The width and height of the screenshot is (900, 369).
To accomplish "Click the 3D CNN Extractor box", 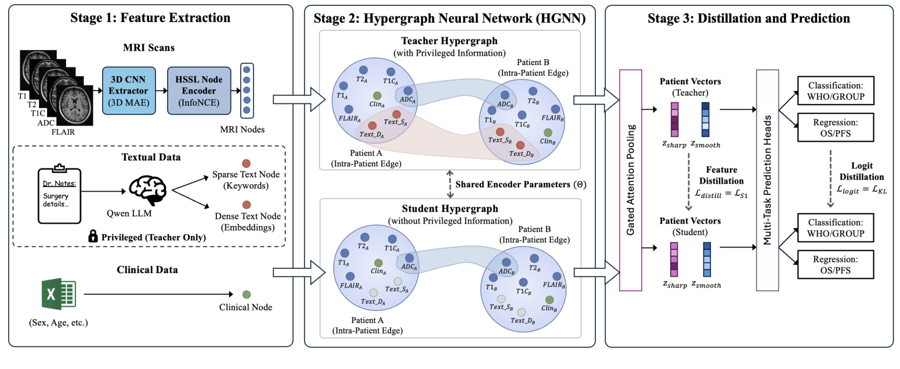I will [x=129, y=91].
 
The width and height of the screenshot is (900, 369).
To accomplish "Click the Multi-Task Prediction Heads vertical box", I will [x=768, y=179].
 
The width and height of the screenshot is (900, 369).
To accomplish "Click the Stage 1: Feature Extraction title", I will [x=150, y=18].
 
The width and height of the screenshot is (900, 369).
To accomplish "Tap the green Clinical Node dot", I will [x=246, y=295].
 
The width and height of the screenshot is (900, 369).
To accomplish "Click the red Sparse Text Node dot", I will [x=246, y=163].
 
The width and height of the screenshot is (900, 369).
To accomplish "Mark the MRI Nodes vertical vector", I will [x=247, y=91].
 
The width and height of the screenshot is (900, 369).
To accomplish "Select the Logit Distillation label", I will [x=857, y=171].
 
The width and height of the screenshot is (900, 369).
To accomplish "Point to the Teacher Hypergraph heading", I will [x=450, y=41].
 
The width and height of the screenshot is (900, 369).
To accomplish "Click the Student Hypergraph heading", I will [x=450, y=210].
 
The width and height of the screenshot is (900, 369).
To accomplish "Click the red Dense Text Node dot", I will [x=246, y=205].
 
